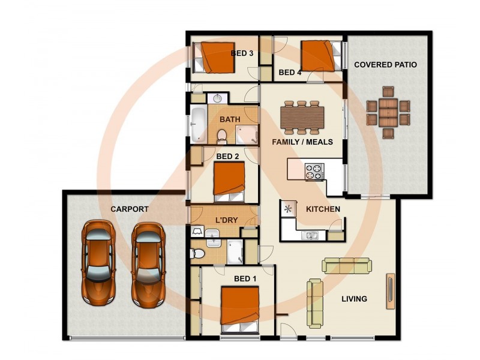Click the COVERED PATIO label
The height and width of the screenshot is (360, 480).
point(385,65)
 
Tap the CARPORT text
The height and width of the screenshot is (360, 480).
point(130,209)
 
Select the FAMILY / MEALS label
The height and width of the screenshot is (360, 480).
point(302,142)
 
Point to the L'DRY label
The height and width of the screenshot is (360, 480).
point(227,220)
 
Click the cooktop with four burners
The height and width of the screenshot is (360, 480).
point(314,172)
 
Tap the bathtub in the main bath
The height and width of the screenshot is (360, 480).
point(199,124)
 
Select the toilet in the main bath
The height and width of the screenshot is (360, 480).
point(222,136)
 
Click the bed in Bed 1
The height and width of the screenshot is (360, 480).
point(240,310)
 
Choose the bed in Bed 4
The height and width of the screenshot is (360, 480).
point(321,56)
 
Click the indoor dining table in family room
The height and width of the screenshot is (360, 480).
point(302,118)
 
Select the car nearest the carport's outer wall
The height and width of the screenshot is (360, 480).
point(98,263)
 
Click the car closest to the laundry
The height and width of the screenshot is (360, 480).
point(148,265)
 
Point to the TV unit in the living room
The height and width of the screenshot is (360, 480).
point(391,291)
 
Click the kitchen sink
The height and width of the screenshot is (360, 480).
point(310,235)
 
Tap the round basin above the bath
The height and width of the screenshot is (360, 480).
point(217,98)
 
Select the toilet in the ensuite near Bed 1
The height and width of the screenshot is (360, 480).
point(197,253)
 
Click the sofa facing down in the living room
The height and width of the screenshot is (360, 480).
point(347,265)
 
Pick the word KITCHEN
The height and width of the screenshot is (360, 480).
point(323,209)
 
